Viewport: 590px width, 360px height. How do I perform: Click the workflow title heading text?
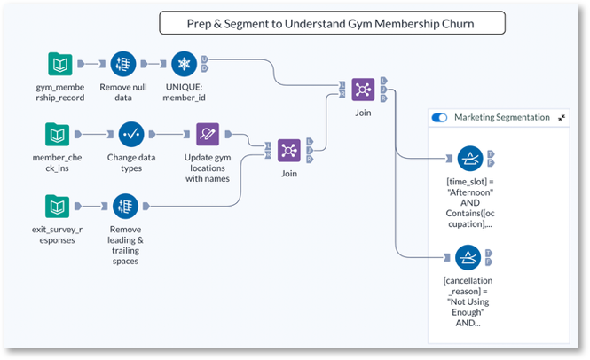tap(331, 23)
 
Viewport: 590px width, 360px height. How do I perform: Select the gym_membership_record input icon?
tap(60, 64)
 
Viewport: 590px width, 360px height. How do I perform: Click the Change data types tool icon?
tap(131, 135)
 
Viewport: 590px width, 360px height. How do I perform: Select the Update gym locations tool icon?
tap(208, 135)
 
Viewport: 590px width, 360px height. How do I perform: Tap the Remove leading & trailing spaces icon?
tap(125, 206)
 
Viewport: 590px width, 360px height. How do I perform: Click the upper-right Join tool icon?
tap(363, 89)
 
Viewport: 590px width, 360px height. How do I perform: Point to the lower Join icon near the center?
tap(289, 150)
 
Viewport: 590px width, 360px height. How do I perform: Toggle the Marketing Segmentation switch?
tap(439, 117)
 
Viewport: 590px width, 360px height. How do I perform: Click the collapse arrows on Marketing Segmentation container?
tap(562, 117)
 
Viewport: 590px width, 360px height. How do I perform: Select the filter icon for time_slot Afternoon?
tap(469, 158)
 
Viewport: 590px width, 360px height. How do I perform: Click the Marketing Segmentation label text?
tap(501, 117)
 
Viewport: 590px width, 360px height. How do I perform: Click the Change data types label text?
tap(131, 163)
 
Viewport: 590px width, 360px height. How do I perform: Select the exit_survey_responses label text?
tap(58, 235)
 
